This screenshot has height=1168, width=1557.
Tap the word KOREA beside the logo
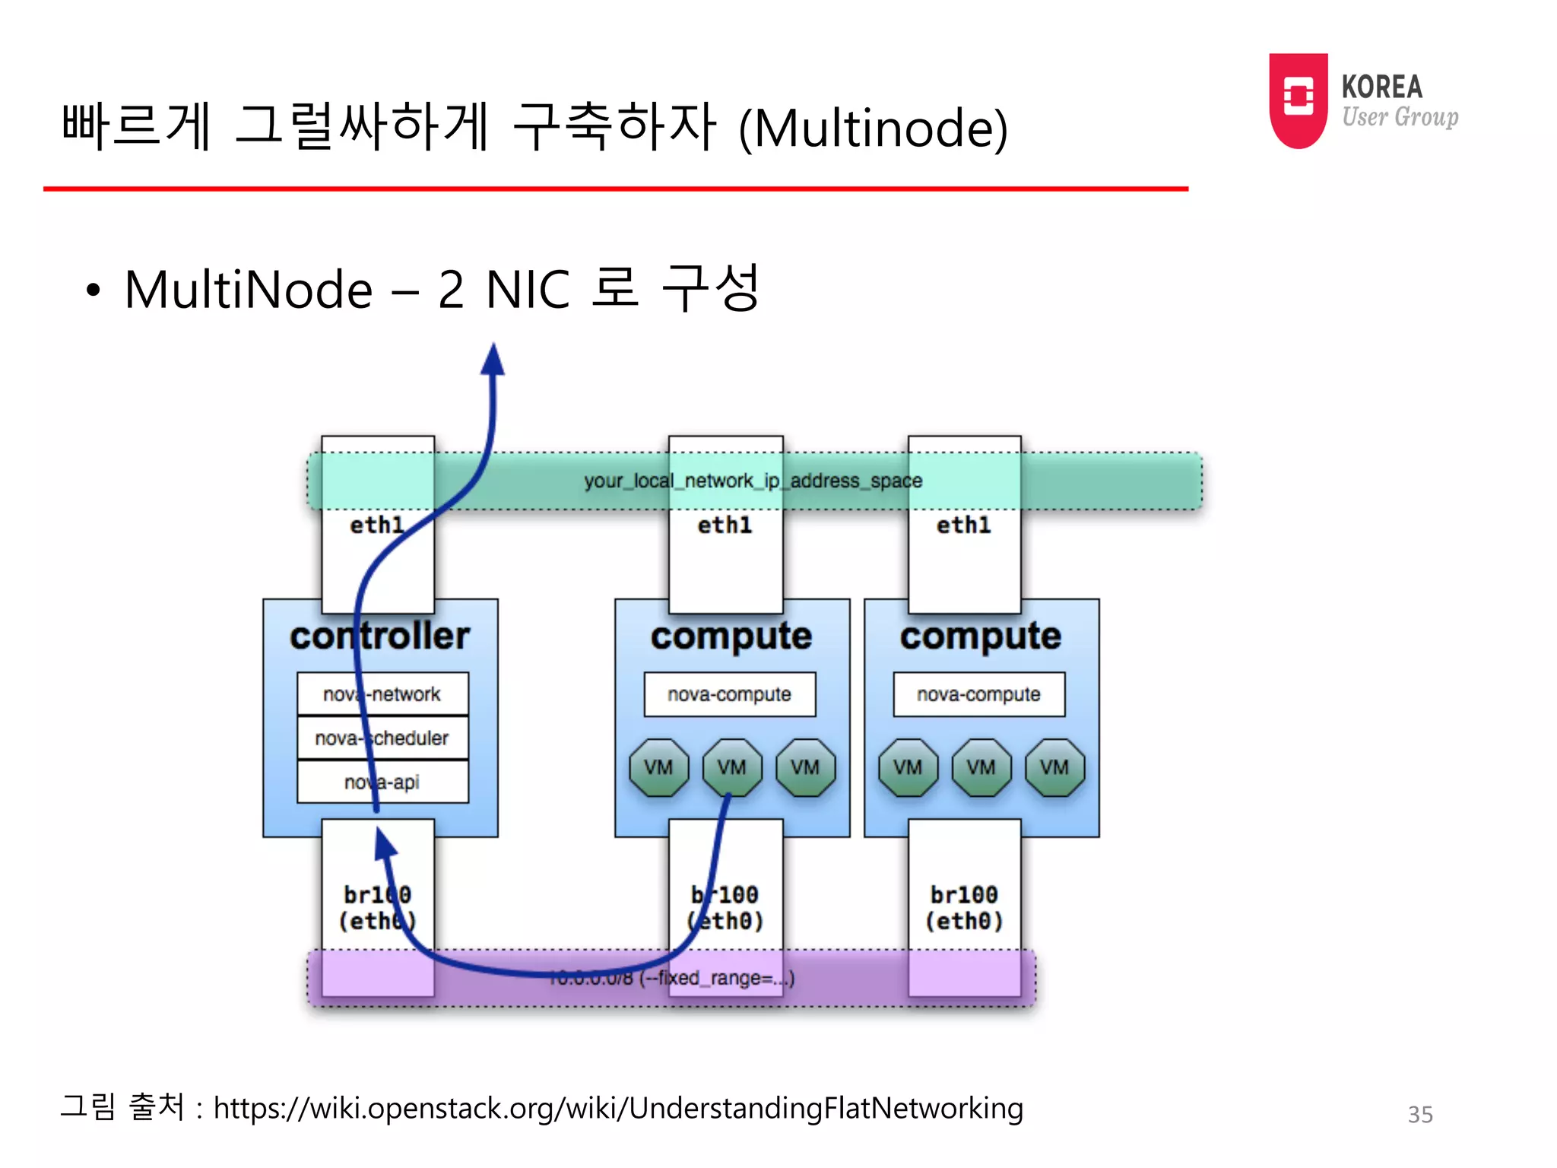(1381, 87)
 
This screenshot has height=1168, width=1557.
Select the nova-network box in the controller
(382, 693)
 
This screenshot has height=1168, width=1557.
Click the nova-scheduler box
(382, 738)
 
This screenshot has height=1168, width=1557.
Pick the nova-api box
(382, 782)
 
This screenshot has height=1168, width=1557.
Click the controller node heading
(380, 636)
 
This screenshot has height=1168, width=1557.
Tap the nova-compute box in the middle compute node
(729, 693)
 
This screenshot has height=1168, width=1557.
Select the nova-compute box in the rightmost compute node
(978, 693)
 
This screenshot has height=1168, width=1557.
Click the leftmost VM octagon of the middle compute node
(658, 767)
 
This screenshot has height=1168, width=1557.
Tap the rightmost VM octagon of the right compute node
(1054, 767)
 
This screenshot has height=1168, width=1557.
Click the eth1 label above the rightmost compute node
(963, 525)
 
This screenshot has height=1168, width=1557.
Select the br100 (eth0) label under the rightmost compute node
(963, 907)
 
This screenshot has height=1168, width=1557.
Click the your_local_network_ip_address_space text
(753, 481)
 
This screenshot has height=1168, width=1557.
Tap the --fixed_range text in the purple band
(715, 978)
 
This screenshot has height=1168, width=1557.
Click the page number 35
(1419, 1114)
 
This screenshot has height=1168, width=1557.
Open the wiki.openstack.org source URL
(617, 1108)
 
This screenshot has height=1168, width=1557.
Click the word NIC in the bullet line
(528, 290)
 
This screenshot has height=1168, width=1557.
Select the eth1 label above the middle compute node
(725, 525)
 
